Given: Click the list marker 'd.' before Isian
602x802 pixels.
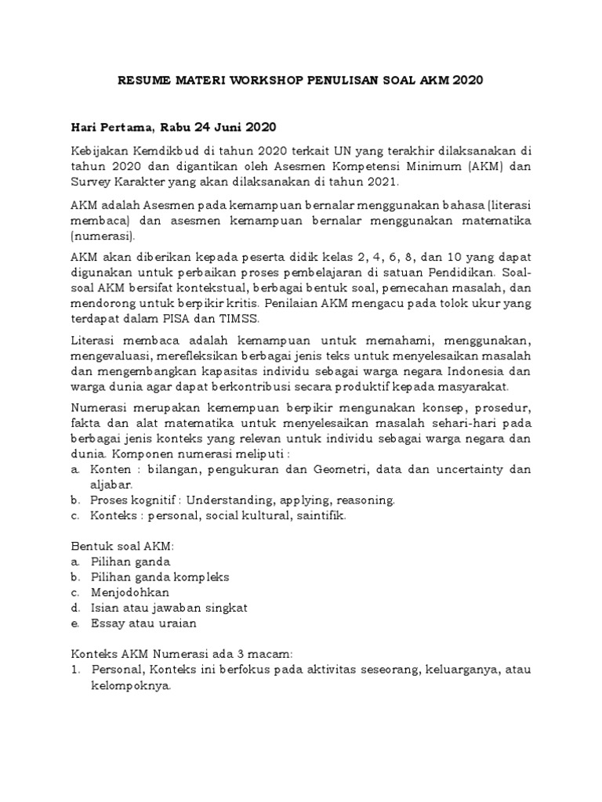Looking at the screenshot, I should (75, 608).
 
